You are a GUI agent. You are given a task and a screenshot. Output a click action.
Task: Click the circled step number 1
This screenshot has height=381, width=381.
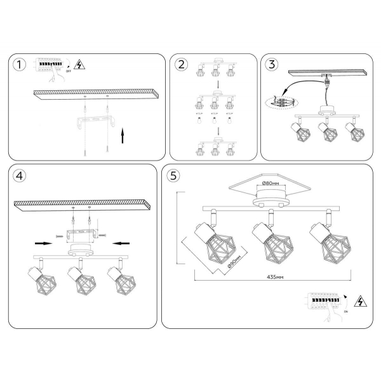20,65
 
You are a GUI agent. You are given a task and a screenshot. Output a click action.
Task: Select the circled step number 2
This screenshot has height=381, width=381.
182,65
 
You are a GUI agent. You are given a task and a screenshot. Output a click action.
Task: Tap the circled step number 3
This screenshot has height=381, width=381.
272,65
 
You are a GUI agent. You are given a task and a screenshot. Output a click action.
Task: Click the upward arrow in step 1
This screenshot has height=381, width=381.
122,135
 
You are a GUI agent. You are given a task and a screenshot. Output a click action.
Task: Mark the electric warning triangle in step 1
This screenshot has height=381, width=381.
80,64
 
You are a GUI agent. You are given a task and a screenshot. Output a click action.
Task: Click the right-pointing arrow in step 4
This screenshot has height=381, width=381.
43,243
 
